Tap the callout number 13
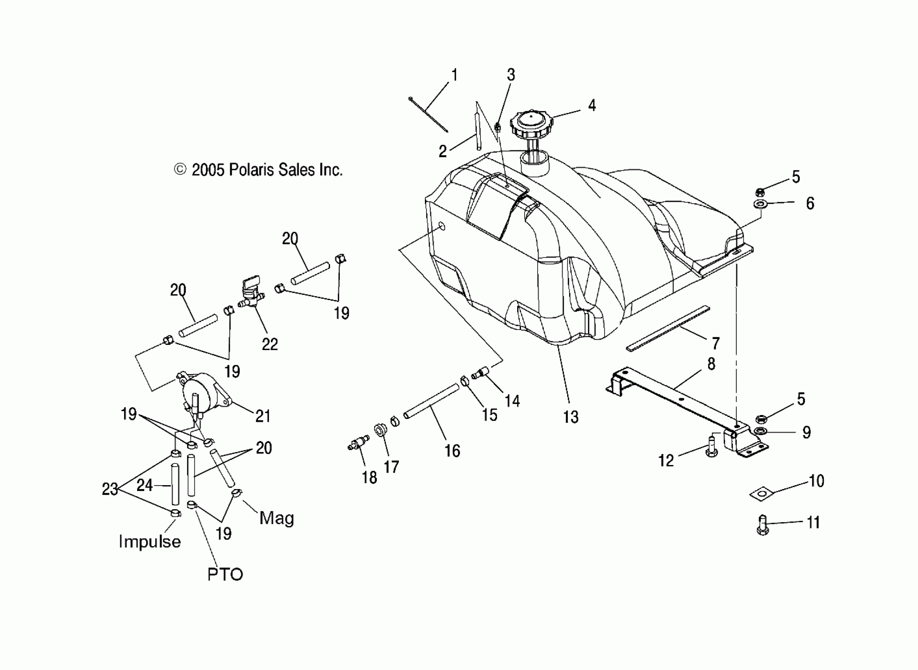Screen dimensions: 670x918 tap(571, 417)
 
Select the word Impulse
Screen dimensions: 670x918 tap(149, 542)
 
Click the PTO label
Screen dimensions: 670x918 tap(225, 574)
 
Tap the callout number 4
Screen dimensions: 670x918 tap(592, 106)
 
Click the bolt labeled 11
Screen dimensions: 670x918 tap(763, 525)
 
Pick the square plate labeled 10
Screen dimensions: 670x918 tap(762, 493)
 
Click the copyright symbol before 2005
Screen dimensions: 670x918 tap(180, 169)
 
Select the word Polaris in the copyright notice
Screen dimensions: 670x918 tap(252, 170)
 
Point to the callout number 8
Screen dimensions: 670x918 tap(711, 364)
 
